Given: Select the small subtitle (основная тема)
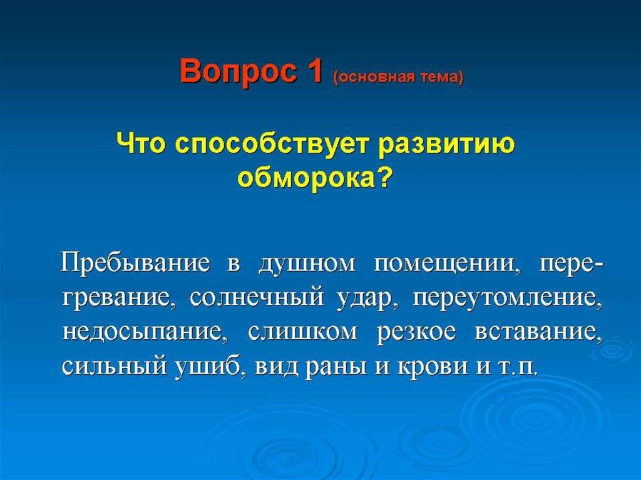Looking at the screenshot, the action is coord(399,76).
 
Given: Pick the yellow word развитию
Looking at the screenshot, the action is coord(446,147).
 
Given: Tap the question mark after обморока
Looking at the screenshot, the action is coord(382,176).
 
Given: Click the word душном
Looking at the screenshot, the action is coord(307,263).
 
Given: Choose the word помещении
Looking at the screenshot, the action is coord(444,264).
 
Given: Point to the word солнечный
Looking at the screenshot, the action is coord(256,298).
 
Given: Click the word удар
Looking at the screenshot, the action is coord(368,299).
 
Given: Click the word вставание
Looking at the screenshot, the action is coord(538,332).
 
